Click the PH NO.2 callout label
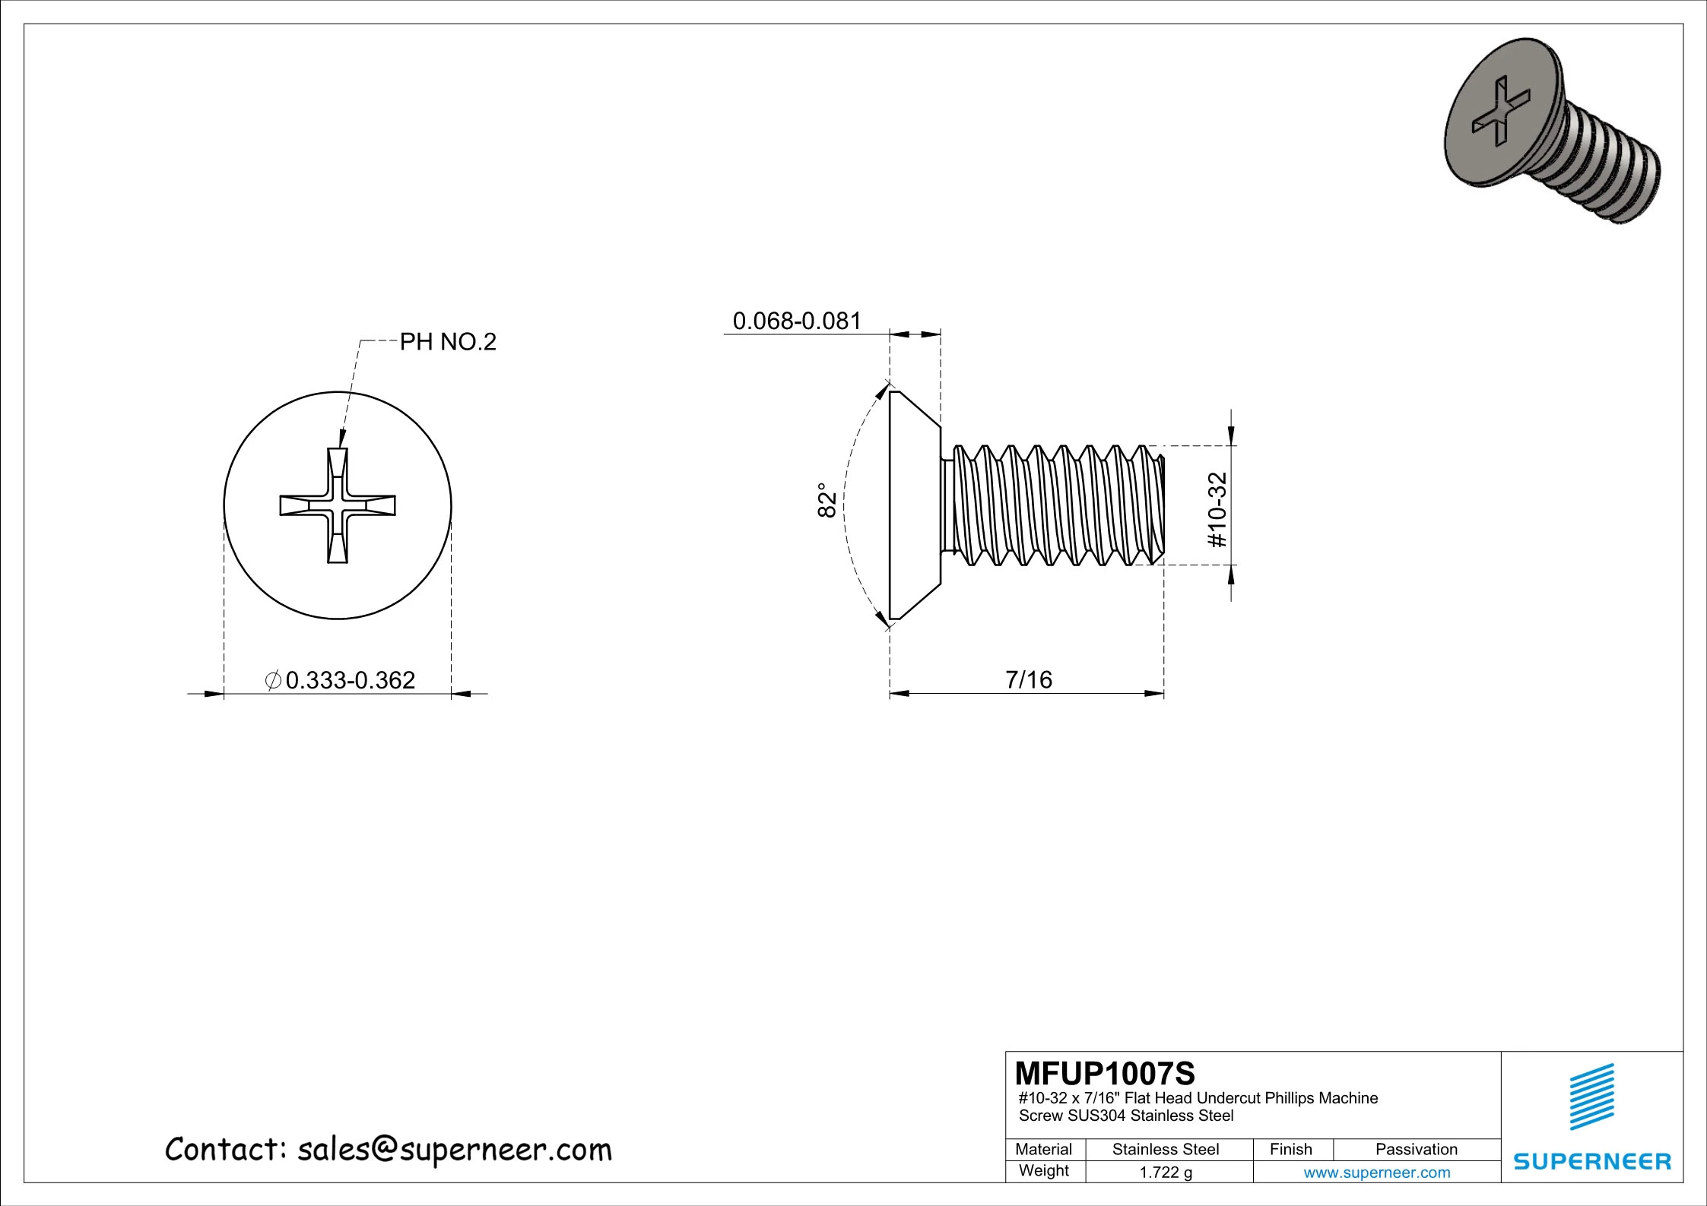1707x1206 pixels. coord(448,342)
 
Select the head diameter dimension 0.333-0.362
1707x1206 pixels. coord(351,679)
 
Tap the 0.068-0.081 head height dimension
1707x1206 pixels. coord(797,321)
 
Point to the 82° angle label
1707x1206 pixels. coord(827,499)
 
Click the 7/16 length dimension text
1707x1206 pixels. coord(1029,679)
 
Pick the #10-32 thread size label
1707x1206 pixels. coord(1218,509)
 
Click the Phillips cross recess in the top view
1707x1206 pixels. coord(338,505)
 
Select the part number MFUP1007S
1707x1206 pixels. coord(1105,1074)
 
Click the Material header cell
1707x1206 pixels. coord(1044,1149)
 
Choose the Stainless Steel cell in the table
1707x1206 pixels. coord(1166,1149)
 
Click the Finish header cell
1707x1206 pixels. coord(1291,1149)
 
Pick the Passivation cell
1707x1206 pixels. coord(1417,1149)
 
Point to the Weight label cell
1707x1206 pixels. coord(1044,1170)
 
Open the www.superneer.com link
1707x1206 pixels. coord(1377,1173)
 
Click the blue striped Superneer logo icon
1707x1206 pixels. coord(1592,1097)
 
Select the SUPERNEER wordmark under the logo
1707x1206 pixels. coord(1592,1162)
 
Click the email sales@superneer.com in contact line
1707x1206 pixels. coord(454,1150)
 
